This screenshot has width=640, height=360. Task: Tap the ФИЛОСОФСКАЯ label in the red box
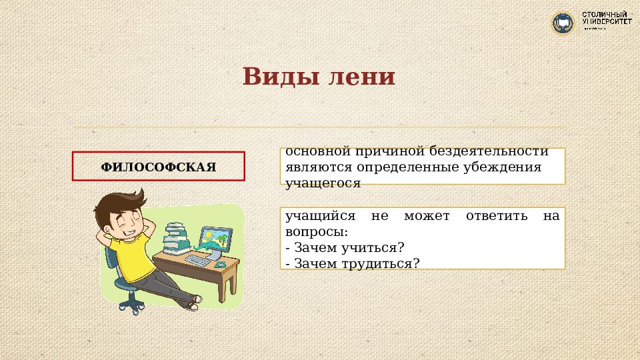(x=159, y=167)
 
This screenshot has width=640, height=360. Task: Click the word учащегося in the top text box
(x=323, y=182)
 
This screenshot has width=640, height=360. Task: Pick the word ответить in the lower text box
(x=491, y=217)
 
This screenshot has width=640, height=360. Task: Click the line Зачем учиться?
(x=345, y=248)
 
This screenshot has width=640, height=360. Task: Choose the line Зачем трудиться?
(x=353, y=263)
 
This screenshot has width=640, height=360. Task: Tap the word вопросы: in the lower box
(x=317, y=233)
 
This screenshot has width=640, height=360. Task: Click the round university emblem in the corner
(x=563, y=23)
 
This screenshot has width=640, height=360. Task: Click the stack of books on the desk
(x=177, y=237)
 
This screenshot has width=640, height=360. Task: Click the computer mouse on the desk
(x=221, y=265)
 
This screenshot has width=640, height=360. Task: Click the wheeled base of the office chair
(x=131, y=305)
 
